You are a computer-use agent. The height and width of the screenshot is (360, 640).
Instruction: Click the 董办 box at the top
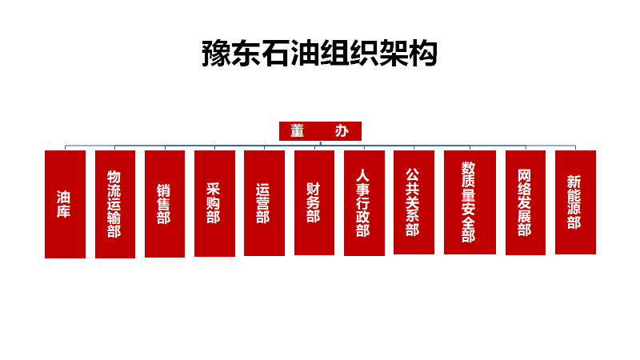click(320, 131)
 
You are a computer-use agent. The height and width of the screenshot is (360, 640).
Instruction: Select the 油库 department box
click(65, 204)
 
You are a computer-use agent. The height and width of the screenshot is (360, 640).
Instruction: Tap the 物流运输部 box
click(114, 204)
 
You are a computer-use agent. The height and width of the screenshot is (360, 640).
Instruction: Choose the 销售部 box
click(164, 203)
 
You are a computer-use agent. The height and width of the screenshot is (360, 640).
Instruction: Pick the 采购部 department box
click(214, 203)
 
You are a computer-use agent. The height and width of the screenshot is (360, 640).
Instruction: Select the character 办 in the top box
click(342, 131)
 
